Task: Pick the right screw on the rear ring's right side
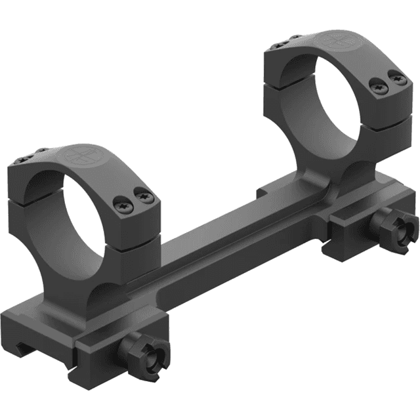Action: click(396, 79)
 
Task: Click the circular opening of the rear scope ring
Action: click(315, 98)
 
